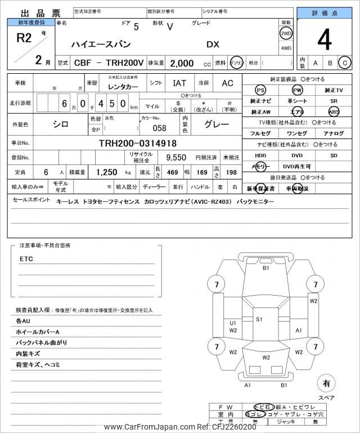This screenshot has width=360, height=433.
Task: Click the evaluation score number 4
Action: (324, 40)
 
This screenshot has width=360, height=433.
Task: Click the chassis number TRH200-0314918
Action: (137, 144)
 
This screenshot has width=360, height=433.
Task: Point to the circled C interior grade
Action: (345, 63)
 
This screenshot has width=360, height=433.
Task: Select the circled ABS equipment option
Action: (334, 111)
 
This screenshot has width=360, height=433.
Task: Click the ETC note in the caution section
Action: (26, 258)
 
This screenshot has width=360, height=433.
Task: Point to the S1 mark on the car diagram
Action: (259, 319)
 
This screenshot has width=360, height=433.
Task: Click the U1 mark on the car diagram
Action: (232, 323)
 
